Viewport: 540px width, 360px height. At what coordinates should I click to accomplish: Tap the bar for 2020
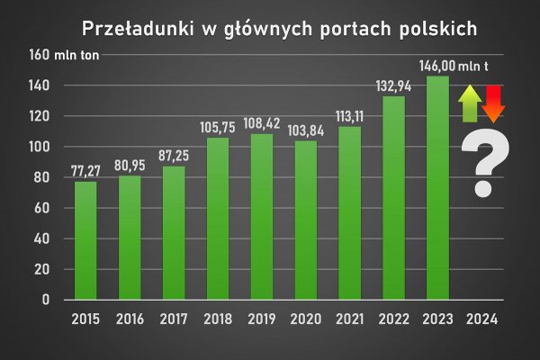(x=306, y=220)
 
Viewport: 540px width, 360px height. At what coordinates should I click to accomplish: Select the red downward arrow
(x=493, y=103)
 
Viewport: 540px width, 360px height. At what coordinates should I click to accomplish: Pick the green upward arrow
(x=469, y=103)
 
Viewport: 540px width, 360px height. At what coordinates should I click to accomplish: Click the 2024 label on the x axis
(x=482, y=319)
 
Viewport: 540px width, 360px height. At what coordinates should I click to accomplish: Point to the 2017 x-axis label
(x=174, y=319)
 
